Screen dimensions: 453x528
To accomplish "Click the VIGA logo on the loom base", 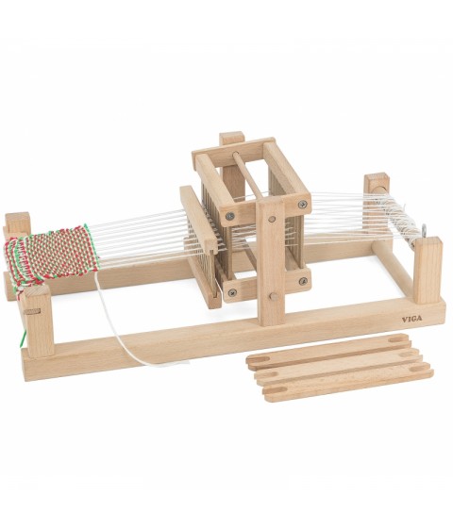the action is [x=411, y=319].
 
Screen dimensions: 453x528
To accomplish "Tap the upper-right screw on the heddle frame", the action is [x=302, y=204].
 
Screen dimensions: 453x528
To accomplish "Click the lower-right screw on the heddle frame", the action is [x=303, y=281].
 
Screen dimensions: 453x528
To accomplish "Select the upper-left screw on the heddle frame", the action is [x=230, y=216].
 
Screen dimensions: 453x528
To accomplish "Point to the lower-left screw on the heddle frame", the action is [x=232, y=292].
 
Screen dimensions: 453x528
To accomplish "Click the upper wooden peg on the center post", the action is [x=271, y=220].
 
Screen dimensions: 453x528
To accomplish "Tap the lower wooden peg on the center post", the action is [x=274, y=296].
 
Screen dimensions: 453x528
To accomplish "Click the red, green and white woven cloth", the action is [x=51, y=256].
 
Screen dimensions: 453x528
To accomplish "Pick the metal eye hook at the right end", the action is [x=424, y=230].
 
